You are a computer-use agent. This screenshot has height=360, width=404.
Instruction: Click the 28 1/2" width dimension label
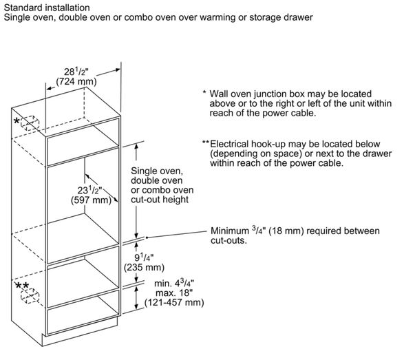pyautogui.click(x=76, y=72)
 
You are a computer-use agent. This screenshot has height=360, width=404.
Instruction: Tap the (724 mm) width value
pyautogui.click(x=76, y=81)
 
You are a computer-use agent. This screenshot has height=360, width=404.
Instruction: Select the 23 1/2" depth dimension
pyautogui.click(x=90, y=190)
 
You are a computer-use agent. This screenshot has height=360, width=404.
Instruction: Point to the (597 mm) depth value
pyautogui.click(x=92, y=200)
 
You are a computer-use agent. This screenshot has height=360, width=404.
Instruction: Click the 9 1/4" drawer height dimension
pyautogui.click(x=144, y=257)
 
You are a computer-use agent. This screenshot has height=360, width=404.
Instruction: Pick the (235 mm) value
pyautogui.click(x=144, y=267)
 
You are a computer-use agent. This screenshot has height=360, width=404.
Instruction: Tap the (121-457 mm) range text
pyautogui.click(x=174, y=302)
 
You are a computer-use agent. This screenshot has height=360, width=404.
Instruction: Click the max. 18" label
pyautogui.click(x=174, y=293)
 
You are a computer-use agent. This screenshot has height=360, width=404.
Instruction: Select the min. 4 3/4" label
pyautogui.click(x=174, y=283)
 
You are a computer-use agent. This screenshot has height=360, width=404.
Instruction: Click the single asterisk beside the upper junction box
pyautogui.click(x=17, y=120)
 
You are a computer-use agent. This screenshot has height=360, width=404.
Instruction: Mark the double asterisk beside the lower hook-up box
pyautogui.click(x=22, y=286)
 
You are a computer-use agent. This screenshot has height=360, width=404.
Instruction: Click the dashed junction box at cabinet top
pyautogui.click(x=30, y=123)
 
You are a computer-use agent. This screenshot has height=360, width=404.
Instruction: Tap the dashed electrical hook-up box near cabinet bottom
pyautogui.click(x=30, y=295)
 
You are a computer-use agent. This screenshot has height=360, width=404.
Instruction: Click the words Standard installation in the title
pyautogui.click(x=47, y=8)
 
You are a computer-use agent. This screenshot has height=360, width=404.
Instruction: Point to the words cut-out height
pyautogui.click(x=160, y=200)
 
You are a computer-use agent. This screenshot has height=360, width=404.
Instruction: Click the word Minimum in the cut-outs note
pyautogui.click(x=230, y=231)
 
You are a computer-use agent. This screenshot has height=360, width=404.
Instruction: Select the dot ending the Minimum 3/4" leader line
pyautogui.click(x=147, y=237)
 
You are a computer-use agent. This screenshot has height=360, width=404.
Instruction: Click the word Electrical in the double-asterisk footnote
pyautogui.click(x=229, y=144)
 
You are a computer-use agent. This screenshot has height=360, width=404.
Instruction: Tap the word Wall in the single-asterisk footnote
pyautogui.click(x=219, y=94)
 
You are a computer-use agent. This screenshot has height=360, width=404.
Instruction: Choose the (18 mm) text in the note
pyautogui.click(x=286, y=231)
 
